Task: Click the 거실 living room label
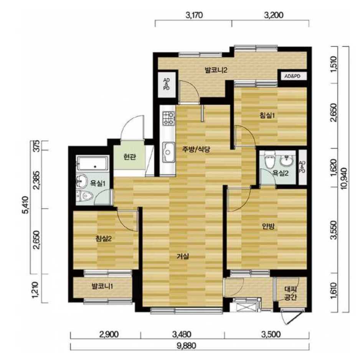[183, 256]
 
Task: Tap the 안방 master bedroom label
[268, 226]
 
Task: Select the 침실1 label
[267, 115]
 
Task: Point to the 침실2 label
[103, 238]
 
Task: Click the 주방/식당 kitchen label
[196, 149]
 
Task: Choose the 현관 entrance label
[129, 157]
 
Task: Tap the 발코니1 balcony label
[102, 286]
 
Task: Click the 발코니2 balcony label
[216, 70]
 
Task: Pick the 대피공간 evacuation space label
[290, 293]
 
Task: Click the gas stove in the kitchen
[168, 118]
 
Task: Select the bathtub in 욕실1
[93, 163]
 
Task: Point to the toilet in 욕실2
[269, 159]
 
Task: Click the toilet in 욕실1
[84, 196]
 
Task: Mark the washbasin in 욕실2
[287, 159]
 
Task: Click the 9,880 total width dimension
[187, 346]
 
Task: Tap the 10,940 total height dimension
[344, 179]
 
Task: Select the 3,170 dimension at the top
[194, 15]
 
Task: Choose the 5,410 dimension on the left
[26, 205]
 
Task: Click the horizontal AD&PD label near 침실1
[292, 76]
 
